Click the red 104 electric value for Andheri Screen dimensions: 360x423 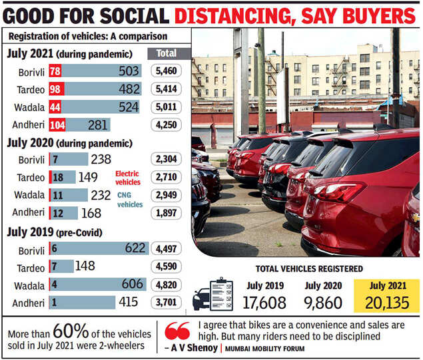[x=57, y=124]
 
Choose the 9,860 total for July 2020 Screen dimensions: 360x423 [x=324, y=303]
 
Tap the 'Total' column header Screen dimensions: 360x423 [x=166, y=53]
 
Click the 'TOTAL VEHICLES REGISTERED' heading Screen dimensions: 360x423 [x=309, y=269]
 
